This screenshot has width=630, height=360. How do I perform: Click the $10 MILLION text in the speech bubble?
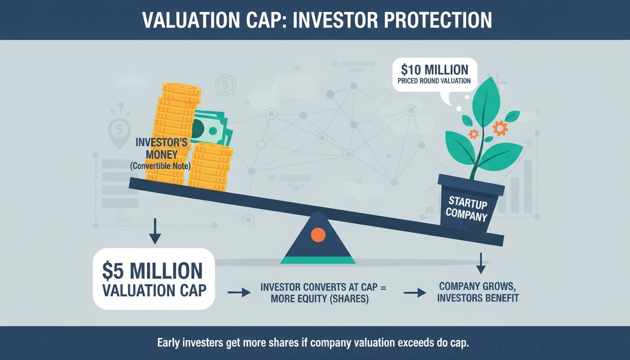click(x=435, y=69)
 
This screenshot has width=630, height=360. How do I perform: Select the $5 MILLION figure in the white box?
click(x=152, y=271)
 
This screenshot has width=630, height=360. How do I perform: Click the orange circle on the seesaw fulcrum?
click(x=318, y=235)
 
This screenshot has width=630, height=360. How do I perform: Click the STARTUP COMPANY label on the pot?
click(x=467, y=209)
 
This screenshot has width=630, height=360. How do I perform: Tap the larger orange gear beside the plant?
click(x=500, y=128)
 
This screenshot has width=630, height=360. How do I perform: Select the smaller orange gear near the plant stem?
click(x=474, y=134)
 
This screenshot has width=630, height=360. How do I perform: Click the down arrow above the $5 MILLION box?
click(x=155, y=231)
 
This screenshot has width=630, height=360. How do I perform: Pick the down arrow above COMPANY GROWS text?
click(x=481, y=263)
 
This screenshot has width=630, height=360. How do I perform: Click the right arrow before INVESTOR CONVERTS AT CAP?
click(x=239, y=293)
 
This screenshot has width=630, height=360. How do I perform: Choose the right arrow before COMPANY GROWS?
click(x=415, y=293)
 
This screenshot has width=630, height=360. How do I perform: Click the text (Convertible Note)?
click(x=160, y=166)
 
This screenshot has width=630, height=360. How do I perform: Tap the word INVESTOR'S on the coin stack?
click(x=161, y=142)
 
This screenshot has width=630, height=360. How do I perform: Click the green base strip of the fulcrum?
click(x=318, y=260)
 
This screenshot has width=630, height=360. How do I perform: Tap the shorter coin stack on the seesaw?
click(x=210, y=167)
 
